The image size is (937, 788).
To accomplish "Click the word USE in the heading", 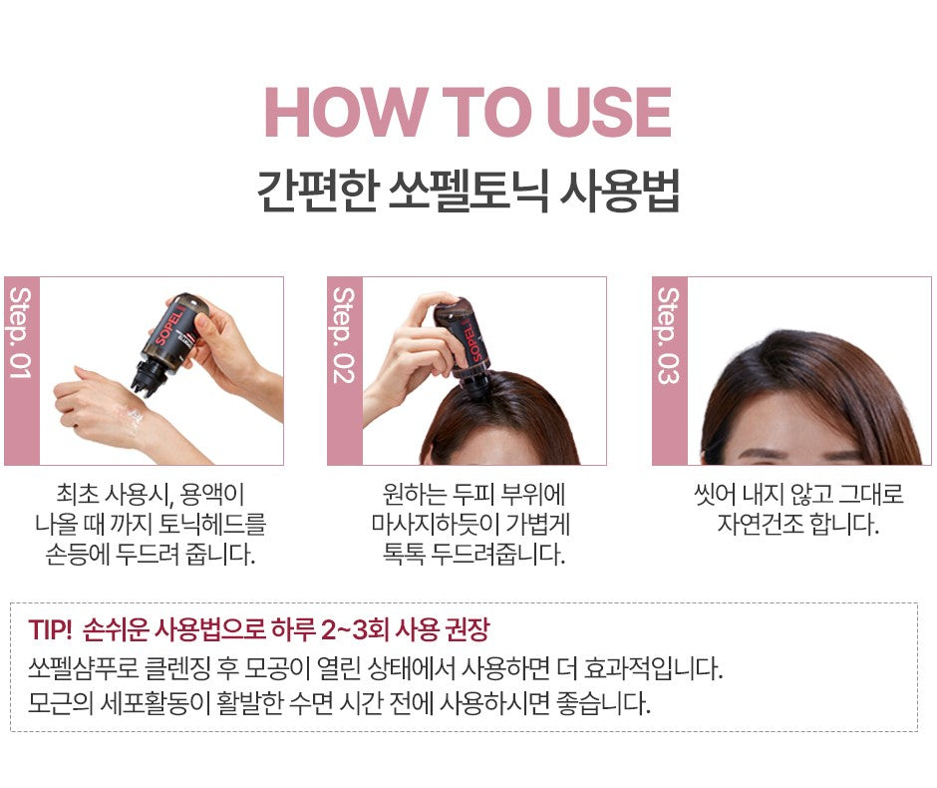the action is [608, 112].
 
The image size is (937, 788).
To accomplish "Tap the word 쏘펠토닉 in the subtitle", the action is [468, 192].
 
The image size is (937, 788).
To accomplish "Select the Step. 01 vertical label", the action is [21, 332].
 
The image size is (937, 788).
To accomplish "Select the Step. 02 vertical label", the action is [344, 335].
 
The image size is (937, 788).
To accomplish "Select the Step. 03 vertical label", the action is [669, 335].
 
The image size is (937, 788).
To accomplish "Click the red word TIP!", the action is [50, 629].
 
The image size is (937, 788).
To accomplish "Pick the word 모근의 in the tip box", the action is [61, 703].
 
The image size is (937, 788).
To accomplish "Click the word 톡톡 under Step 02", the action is [404, 555].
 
